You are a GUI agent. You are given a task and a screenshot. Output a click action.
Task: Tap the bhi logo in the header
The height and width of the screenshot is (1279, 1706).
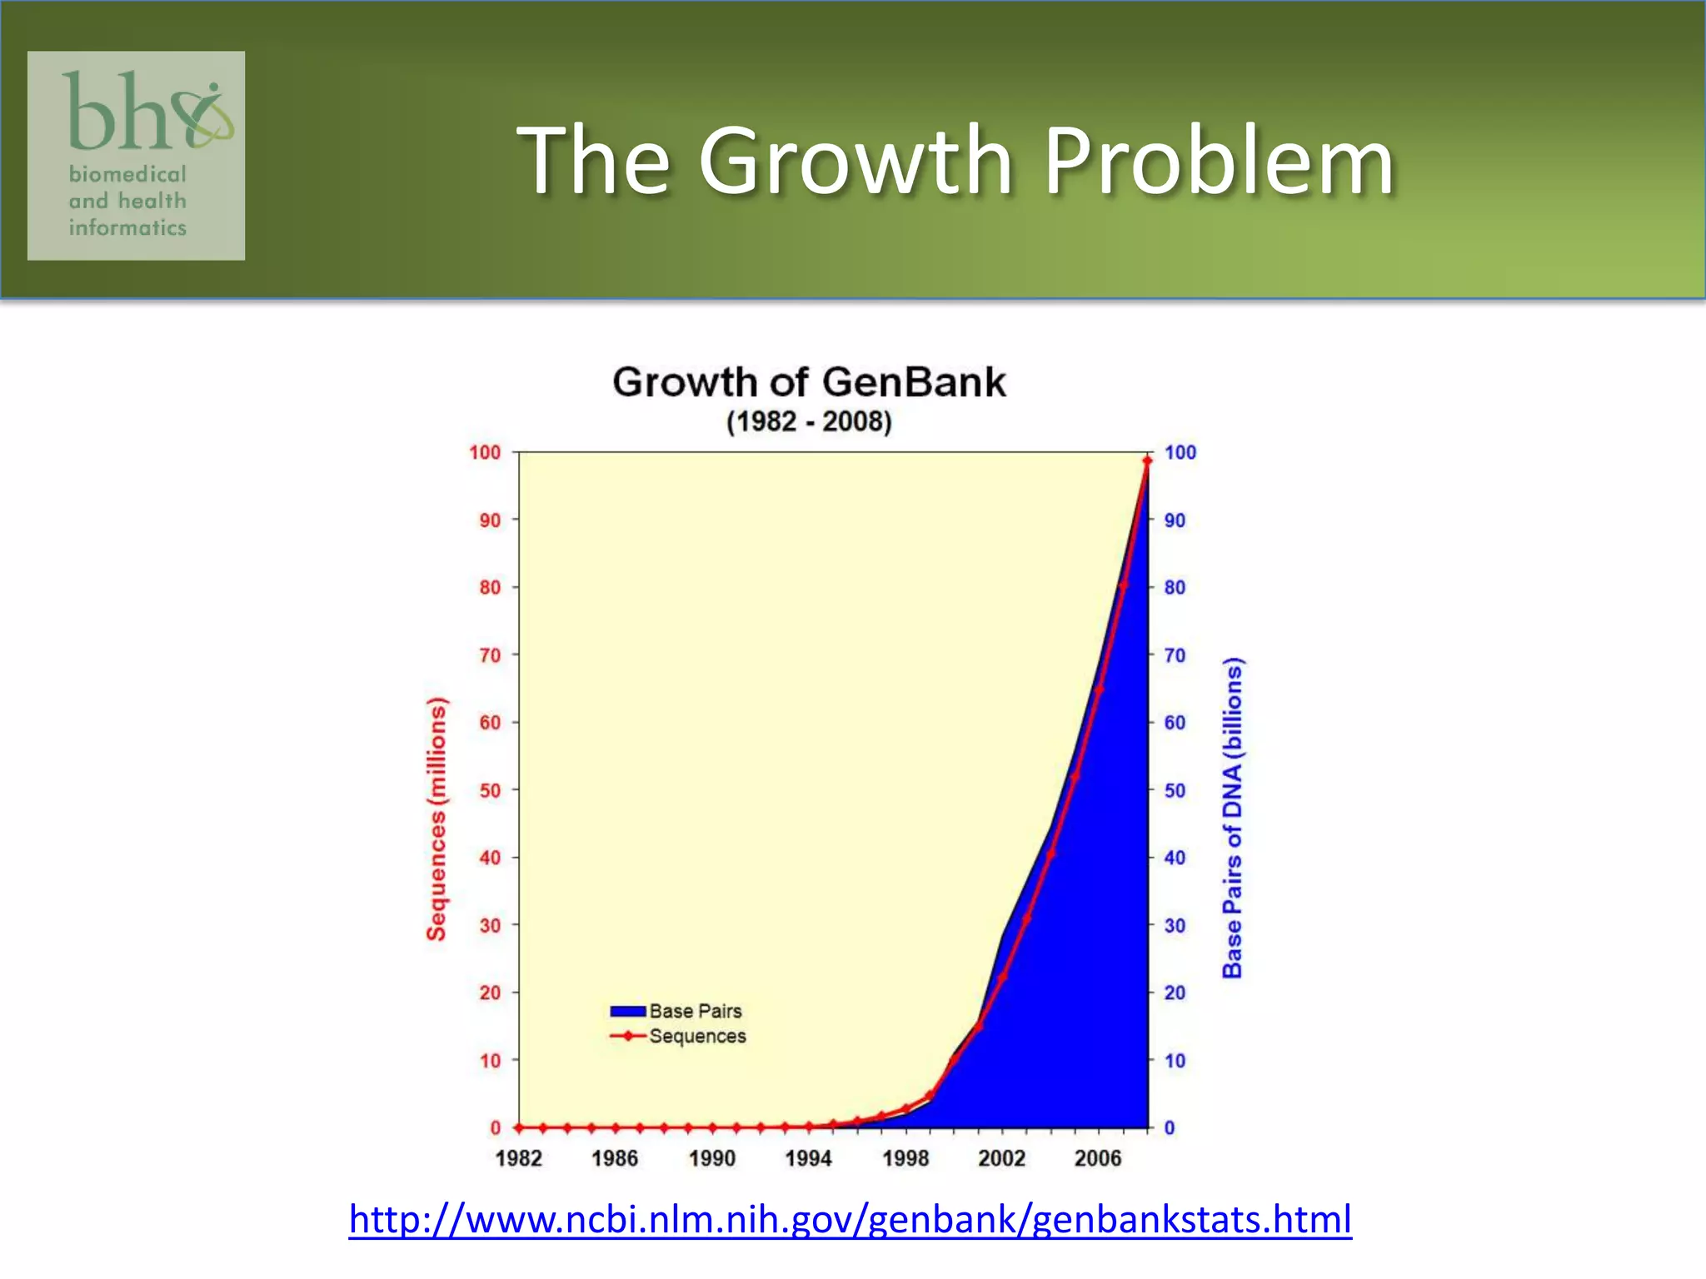tap(137, 155)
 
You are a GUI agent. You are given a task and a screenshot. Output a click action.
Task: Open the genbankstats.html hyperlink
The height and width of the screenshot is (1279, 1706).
tap(850, 1220)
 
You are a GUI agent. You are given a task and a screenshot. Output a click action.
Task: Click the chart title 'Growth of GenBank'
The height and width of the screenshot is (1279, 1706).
tap(809, 383)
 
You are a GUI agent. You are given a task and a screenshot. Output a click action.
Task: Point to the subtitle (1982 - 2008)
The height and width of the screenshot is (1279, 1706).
tap(809, 422)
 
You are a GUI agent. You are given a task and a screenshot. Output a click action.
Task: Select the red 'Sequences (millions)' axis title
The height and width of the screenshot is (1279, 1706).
tap(436, 819)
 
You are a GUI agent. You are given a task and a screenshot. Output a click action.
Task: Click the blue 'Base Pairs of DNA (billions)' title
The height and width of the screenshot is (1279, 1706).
tap(1233, 818)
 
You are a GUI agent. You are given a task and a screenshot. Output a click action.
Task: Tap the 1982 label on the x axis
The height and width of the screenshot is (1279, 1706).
tap(518, 1158)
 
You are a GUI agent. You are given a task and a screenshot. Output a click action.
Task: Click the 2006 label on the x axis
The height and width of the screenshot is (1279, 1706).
tap(1098, 1158)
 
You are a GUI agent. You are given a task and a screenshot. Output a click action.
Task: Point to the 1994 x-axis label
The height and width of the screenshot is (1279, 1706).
tap(808, 1158)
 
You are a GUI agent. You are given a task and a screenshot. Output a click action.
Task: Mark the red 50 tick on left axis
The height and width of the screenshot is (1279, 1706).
tap(490, 790)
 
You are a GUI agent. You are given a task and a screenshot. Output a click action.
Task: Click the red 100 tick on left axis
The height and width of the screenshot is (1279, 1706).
tap(485, 452)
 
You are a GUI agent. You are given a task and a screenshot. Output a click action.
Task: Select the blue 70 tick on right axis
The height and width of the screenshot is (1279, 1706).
tap(1175, 655)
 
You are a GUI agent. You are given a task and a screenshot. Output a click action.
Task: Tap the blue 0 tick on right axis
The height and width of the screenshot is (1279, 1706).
tap(1170, 1128)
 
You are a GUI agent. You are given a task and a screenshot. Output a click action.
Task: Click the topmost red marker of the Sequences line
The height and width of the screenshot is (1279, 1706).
tap(1147, 460)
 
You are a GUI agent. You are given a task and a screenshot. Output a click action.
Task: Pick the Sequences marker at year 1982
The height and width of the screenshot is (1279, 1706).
tap(519, 1127)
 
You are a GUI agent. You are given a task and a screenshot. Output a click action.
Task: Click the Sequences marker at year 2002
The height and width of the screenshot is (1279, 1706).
tap(1002, 977)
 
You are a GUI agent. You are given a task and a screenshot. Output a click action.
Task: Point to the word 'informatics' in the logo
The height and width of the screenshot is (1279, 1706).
tap(127, 228)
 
